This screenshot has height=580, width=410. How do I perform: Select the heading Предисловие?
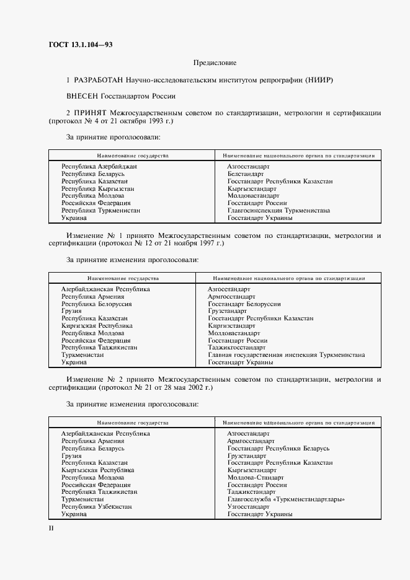click(215, 63)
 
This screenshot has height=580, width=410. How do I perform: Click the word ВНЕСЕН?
click(82, 96)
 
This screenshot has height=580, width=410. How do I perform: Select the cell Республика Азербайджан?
click(99, 167)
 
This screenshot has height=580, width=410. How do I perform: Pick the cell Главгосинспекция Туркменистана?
click(279, 211)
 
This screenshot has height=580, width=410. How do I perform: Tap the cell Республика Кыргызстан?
click(97, 188)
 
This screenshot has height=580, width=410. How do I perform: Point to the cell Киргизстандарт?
click(231, 326)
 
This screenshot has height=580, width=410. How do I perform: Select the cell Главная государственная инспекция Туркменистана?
click(286, 355)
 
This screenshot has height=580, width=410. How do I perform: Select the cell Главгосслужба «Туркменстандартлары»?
click(286, 499)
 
